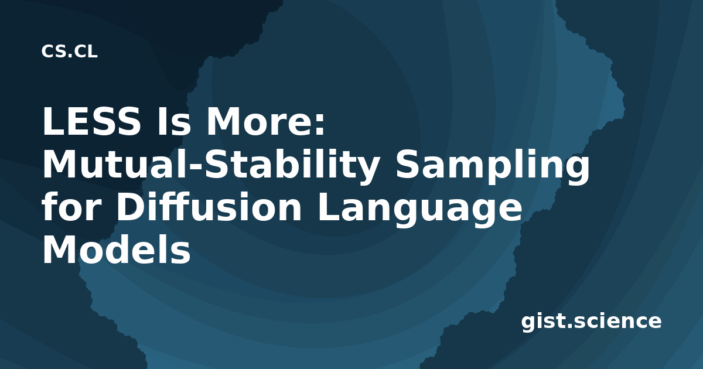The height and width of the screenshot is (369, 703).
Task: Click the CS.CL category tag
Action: (x=69, y=52)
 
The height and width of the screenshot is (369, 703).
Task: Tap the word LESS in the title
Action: (x=91, y=121)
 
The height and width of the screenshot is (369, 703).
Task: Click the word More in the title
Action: (x=260, y=121)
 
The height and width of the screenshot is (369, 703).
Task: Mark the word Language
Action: (x=420, y=210)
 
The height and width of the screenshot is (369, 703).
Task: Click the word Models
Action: (x=117, y=250)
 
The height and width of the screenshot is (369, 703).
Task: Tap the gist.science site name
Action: (x=591, y=322)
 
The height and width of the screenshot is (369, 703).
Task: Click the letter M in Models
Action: (x=60, y=250)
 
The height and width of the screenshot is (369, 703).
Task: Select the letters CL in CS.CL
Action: (x=86, y=52)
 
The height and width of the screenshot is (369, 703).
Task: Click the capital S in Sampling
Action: (x=407, y=164)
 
